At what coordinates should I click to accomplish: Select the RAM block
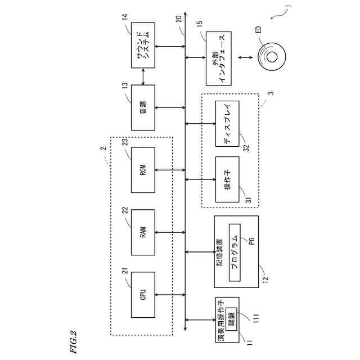(x=143, y=232)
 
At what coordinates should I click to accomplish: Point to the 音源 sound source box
(x=143, y=107)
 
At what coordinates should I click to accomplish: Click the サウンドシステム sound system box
(x=143, y=46)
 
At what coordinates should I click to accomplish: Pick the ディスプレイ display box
(x=227, y=124)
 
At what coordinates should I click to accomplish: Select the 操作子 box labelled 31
(x=227, y=180)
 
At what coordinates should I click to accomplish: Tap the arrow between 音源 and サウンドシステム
(x=143, y=76)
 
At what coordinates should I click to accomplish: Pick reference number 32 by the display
(x=246, y=147)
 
